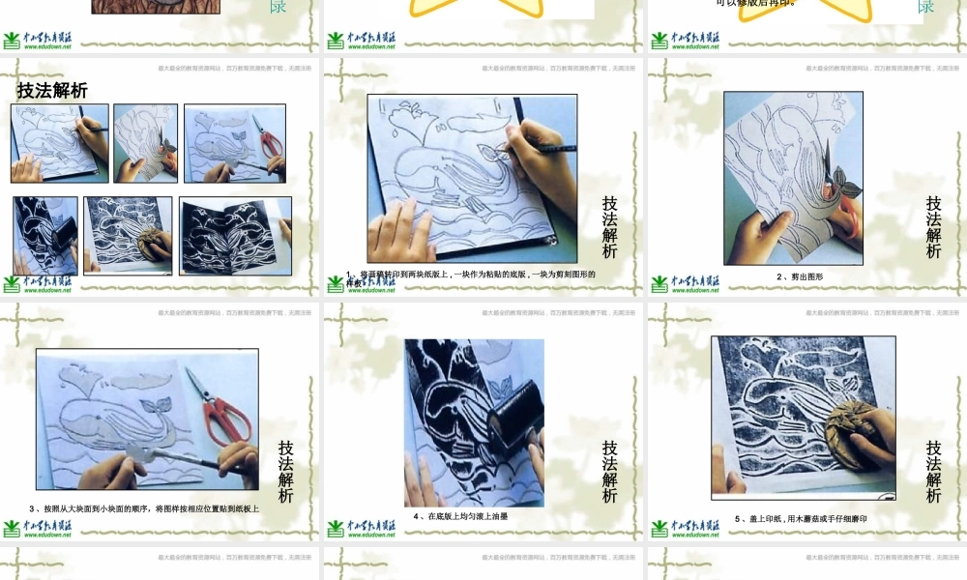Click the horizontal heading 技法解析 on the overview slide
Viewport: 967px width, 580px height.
point(52,91)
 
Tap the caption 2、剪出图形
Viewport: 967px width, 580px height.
point(799,276)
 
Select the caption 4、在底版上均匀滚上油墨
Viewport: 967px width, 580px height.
point(460,516)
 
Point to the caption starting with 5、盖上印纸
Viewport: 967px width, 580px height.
point(801,519)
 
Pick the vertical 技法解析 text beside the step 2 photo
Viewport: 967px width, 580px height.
point(933,227)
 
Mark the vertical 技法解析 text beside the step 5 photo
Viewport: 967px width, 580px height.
point(933,472)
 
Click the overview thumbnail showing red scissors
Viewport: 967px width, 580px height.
point(235,143)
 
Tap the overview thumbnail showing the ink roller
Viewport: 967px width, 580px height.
point(45,235)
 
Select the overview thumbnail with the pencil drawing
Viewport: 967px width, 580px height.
point(60,143)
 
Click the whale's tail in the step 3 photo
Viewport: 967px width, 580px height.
point(155,411)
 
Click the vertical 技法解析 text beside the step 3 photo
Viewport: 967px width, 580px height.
point(286,472)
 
